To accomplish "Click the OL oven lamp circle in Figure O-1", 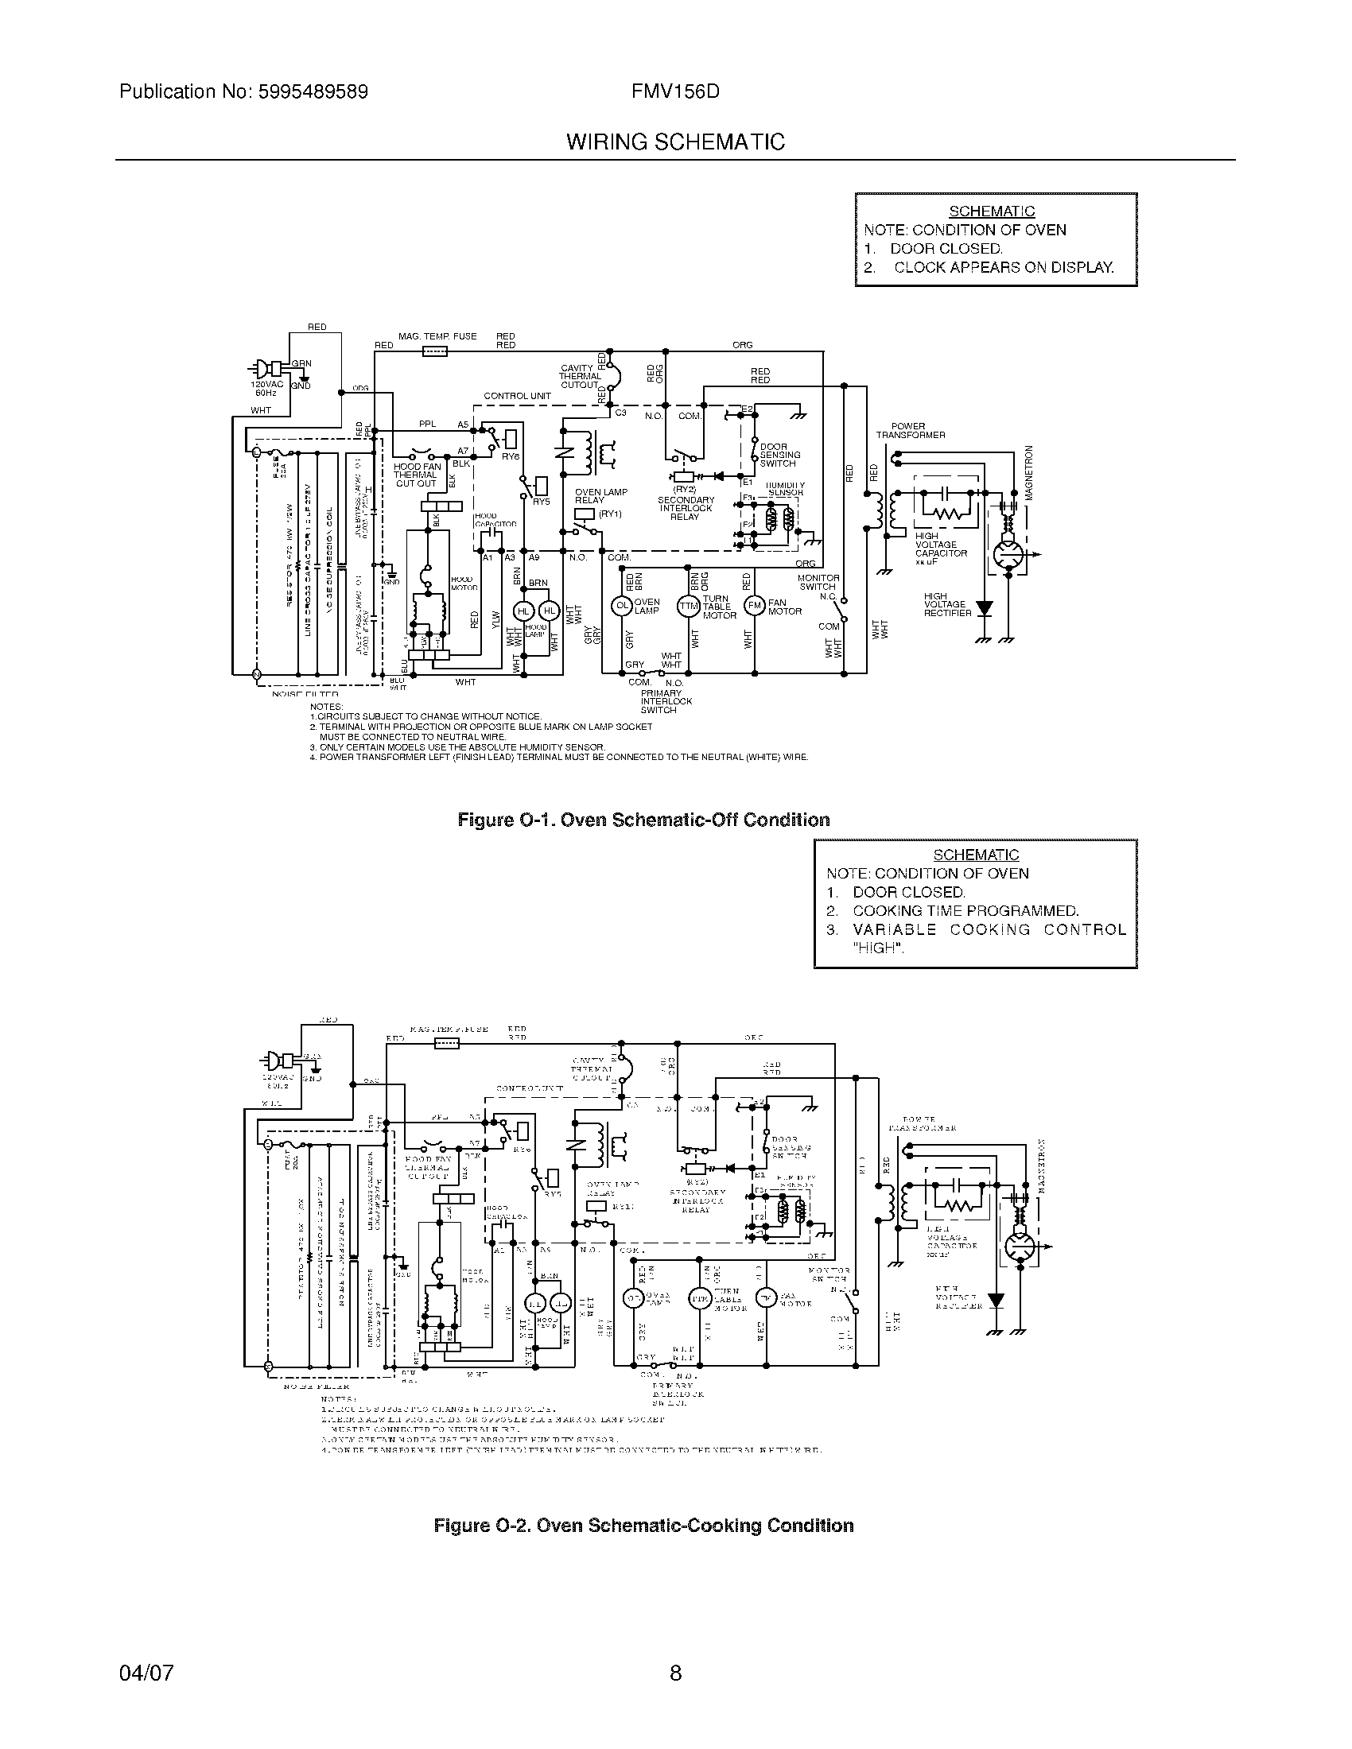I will pyautogui.click(x=622, y=607).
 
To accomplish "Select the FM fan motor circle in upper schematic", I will pyautogui.click(x=755, y=607).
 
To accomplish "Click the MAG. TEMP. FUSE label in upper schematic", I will pyautogui.click(x=437, y=336).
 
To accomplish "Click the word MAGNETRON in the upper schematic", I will pyautogui.click(x=1030, y=472).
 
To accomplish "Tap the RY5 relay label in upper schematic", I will pyautogui.click(x=542, y=502).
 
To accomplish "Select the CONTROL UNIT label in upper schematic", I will pyautogui.click(x=517, y=397).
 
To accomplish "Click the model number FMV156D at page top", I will pyautogui.click(x=675, y=91).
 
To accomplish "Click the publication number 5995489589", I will pyautogui.click(x=313, y=91).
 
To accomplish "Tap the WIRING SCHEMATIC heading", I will pyautogui.click(x=675, y=142).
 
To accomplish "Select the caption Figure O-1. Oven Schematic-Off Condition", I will pyautogui.click(x=643, y=820).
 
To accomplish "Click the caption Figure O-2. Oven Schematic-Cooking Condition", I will pyautogui.click(x=643, y=1526).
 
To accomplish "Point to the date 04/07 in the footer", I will pyautogui.click(x=146, y=1672).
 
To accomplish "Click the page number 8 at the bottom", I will pyautogui.click(x=675, y=1672).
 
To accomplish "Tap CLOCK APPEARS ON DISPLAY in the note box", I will pyautogui.click(x=1003, y=267).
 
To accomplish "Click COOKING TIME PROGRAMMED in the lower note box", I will pyautogui.click(x=965, y=910).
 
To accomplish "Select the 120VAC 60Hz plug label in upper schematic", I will pyautogui.click(x=266, y=389).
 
